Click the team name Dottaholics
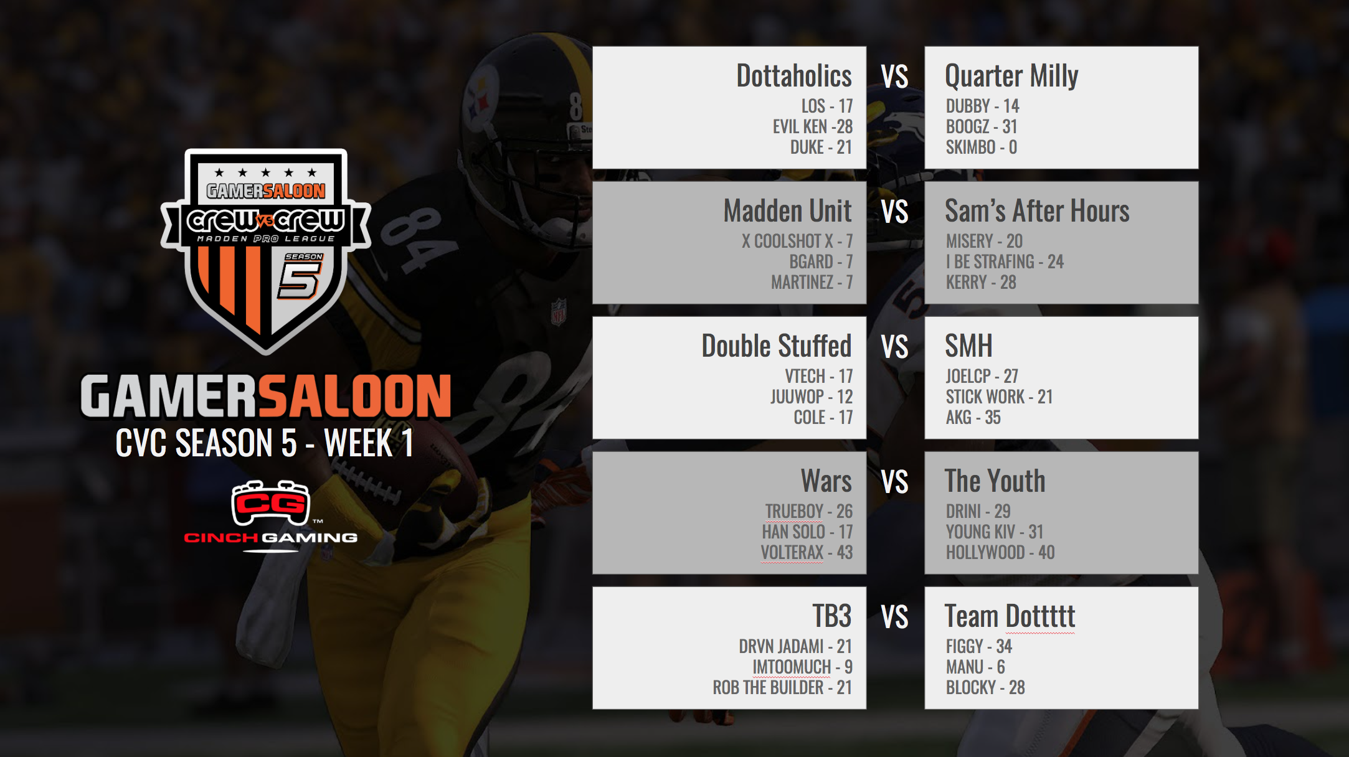(793, 76)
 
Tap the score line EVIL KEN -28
(813, 126)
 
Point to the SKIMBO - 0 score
(982, 147)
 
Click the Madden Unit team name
(787, 211)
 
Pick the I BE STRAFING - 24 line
(1005, 261)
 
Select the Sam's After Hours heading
(1037, 211)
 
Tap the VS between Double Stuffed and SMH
(895, 347)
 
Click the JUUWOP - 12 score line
(812, 397)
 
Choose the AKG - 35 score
(973, 417)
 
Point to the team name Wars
(826, 481)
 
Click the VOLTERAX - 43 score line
(807, 552)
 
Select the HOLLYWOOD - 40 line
(1000, 552)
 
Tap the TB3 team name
(831, 616)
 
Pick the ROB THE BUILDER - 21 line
(782, 687)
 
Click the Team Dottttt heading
(1010, 616)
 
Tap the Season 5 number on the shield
(300, 280)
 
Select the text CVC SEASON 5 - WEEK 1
(265, 443)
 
